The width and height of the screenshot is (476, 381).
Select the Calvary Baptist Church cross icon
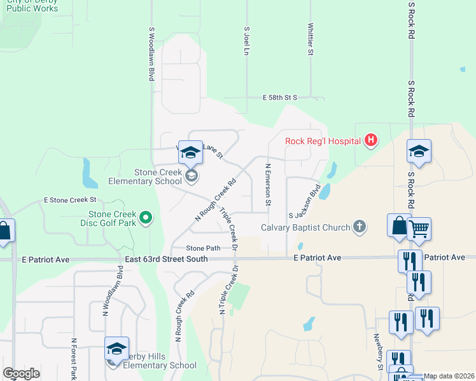click(x=360, y=227)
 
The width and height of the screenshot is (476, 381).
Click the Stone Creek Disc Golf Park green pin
click(x=146, y=218)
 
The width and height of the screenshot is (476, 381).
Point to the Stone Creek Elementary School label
click(x=150, y=177)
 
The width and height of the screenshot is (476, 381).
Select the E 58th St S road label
click(x=280, y=98)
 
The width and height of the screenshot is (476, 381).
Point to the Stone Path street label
click(x=203, y=248)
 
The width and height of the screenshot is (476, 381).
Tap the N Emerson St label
click(x=268, y=185)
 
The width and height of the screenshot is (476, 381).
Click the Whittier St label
click(x=311, y=40)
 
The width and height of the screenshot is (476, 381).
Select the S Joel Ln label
click(x=246, y=41)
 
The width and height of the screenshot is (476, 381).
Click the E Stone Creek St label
click(x=65, y=200)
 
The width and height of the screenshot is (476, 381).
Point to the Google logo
click(x=21, y=373)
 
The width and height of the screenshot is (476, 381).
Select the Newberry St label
click(x=379, y=352)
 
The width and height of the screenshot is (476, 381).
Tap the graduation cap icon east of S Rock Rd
click(x=419, y=152)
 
